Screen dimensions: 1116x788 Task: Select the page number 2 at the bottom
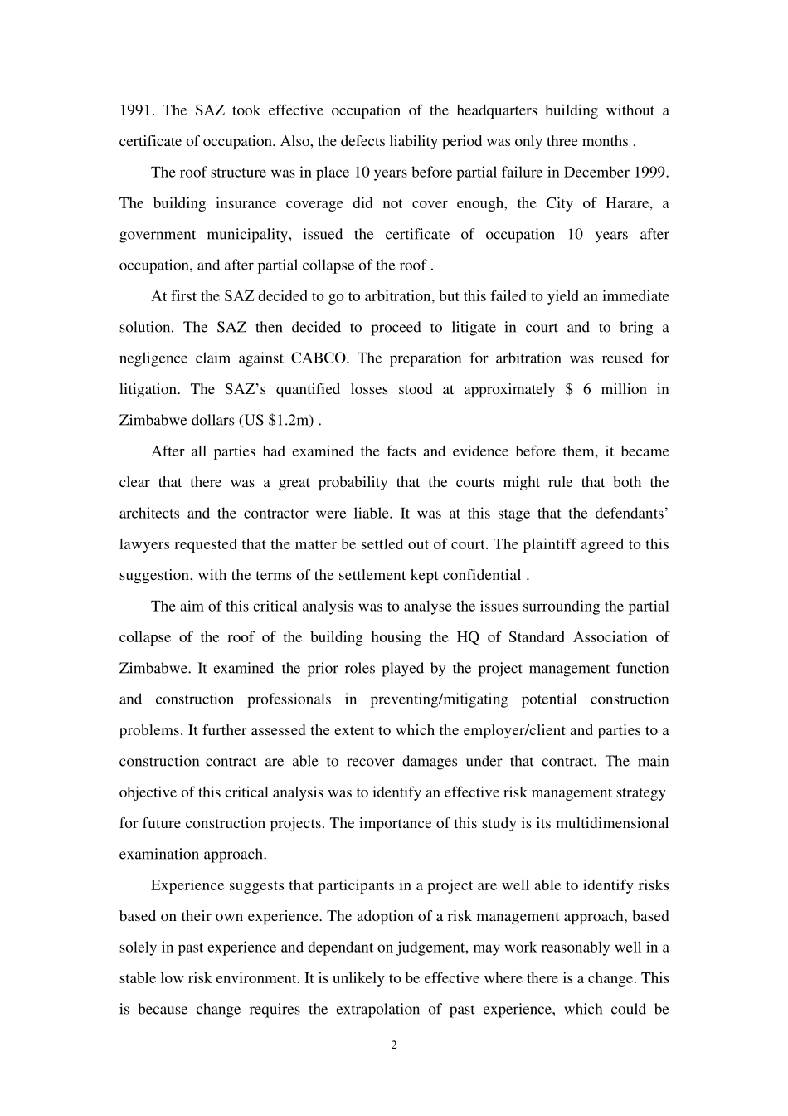coord(394,1045)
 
